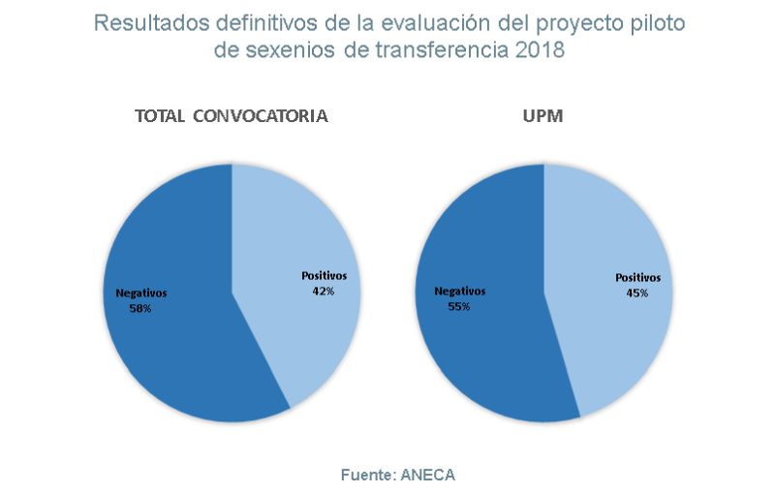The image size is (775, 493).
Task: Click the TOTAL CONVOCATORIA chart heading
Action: tap(232, 116)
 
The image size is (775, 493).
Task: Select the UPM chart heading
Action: tap(544, 116)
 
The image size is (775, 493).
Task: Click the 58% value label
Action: tap(139, 308)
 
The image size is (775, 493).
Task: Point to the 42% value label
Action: tap(323, 292)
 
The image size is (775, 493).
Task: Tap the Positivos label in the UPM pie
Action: tap(637, 277)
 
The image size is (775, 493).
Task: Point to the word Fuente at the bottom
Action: tap(363, 475)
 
